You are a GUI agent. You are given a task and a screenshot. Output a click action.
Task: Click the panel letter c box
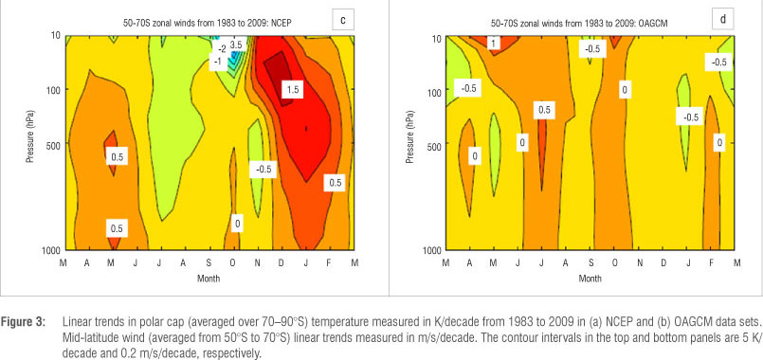pos(343,20)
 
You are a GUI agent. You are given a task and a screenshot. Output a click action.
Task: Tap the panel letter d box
pos(722,20)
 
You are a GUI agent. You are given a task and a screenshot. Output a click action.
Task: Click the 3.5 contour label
pos(236,45)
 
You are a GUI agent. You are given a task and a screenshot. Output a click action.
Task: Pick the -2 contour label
pos(222,49)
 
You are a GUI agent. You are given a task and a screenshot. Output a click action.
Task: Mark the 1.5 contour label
pos(293,89)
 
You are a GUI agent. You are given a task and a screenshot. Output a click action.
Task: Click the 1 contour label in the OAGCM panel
pos(494,44)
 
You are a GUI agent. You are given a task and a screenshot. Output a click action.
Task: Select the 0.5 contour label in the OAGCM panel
pos(544,111)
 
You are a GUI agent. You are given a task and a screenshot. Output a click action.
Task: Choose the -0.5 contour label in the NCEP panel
pos(263,170)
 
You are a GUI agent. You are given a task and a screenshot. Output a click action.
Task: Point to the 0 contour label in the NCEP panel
pos(238,224)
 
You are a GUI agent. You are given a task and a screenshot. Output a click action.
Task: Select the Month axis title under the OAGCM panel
pos(590,279)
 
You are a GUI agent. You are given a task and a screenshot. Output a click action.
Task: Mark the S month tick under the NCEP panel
pos(208,263)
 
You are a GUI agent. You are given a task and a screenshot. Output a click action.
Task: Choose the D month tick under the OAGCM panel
pos(663,263)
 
